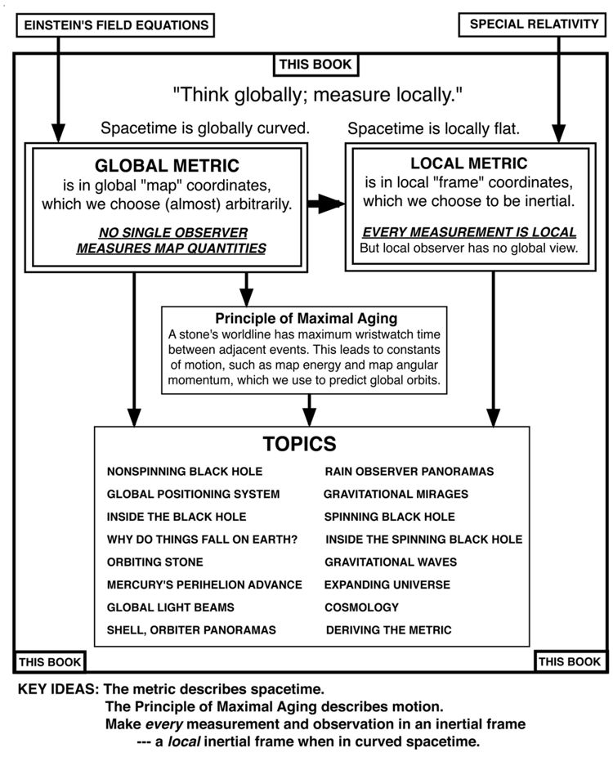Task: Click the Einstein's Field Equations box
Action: click(x=116, y=25)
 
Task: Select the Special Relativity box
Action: click(x=534, y=25)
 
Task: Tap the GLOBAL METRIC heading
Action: click(x=170, y=163)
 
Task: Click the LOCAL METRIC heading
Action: click(x=468, y=163)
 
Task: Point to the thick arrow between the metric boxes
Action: click(x=327, y=205)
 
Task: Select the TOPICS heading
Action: click(x=299, y=443)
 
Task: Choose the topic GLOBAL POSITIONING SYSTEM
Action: click(x=193, y=494)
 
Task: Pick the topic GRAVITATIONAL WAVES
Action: click(x=391, y=562)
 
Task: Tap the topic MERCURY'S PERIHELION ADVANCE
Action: click(x=204, y=585)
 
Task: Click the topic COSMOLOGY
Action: click(x=361, y=607)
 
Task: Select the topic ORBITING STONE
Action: click(x=154, y=562)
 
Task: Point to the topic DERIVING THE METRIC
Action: click(x=388, y=630)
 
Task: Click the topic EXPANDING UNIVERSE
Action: click(x=387, y=585)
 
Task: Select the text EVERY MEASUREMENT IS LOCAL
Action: click(x=469, y=232)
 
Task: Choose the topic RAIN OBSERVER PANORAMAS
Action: click(x=409, y=472)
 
